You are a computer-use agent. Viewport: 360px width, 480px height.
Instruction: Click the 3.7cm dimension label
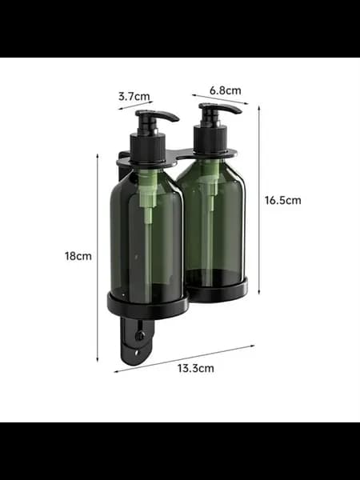134,97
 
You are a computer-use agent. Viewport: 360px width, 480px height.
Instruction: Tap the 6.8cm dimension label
226,90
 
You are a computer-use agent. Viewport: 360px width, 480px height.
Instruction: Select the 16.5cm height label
283,201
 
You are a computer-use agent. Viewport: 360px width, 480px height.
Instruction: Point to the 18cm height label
78,256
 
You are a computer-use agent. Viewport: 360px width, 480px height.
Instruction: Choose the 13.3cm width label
196,368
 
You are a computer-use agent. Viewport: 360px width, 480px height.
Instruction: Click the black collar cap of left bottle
148,148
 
